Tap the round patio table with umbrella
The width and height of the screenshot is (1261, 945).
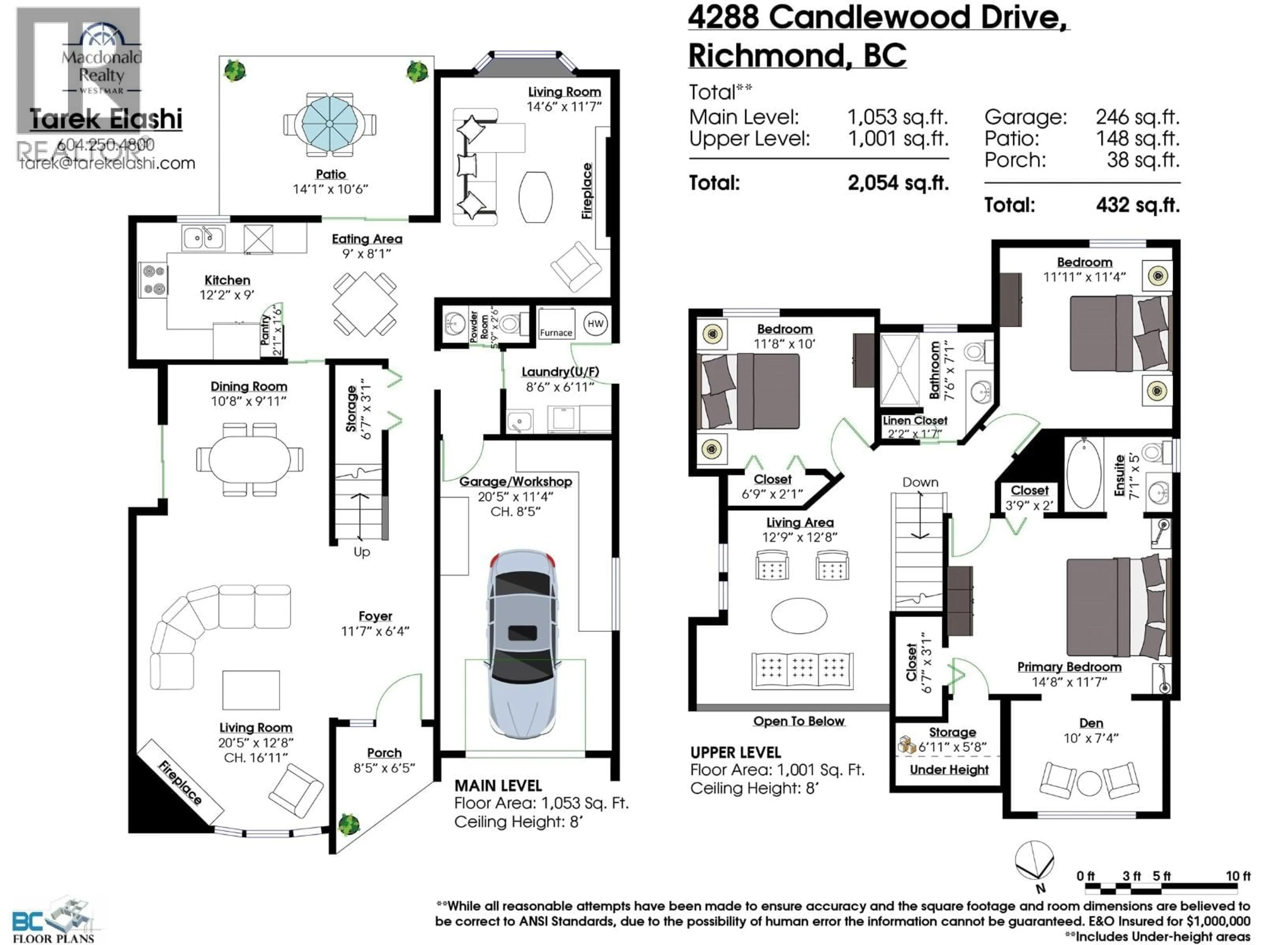click(x=329, y=124)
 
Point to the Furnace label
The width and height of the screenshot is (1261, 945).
click(x=556, y=333)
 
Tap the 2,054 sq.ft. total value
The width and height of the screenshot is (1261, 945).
click(x=898, y=183)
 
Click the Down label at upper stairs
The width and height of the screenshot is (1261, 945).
click(x=920, y=482)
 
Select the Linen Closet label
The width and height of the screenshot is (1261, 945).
click(x=915, y=420)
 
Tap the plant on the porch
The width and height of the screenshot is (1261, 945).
click(x=349, y=824)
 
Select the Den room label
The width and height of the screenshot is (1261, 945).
click(x=1091, y=723)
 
